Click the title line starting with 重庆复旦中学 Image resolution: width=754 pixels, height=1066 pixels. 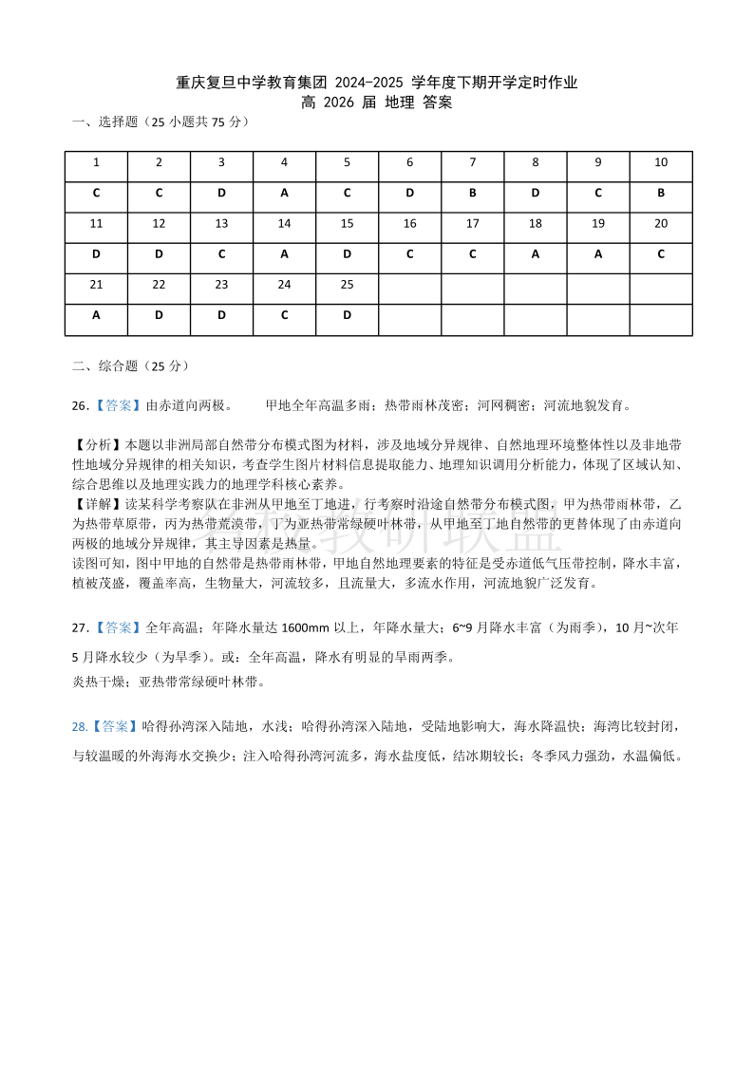click(x=377, y=83)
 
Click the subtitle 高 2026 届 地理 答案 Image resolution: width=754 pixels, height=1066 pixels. click(x=377, y=103)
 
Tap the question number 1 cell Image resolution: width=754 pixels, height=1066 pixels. click(x=96, y=162)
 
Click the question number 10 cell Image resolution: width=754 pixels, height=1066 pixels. click(x=661, y=162)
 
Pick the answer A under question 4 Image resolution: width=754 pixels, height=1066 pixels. click(x=284, y=193)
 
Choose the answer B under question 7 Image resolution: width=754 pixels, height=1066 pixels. click(x=473, y=193)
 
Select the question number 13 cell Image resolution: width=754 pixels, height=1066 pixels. click(x=221, y=224)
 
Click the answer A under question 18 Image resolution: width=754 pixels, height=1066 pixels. click(x=536, y=254)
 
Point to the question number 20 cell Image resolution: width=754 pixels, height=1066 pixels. click(x=661, y=224)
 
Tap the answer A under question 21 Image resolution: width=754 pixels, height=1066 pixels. click(x=96, y=316)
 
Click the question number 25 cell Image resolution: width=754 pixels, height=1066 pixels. click(x=347, y=285)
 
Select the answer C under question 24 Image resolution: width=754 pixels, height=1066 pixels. click(x=284, y=316)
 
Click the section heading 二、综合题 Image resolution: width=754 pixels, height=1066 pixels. click(x=105, y=365)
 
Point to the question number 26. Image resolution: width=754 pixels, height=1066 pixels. click(x=80, y=405)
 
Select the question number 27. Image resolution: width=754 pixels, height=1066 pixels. click(x=80, y=627)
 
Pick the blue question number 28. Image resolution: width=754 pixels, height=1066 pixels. click(x=80, y=726)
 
